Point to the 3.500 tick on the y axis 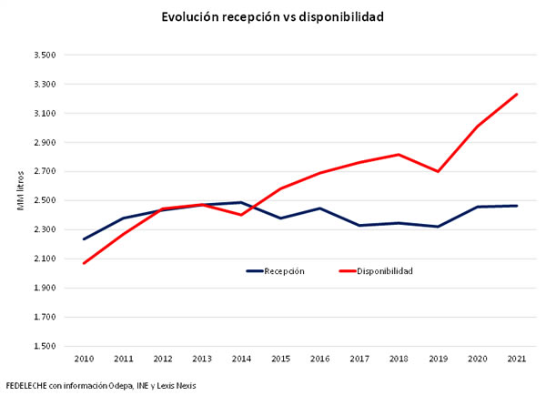(x=45, y=56)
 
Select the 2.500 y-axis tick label (x=45, y=200)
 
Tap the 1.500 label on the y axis (x=45, y=346)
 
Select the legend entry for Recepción (x=275, y=270)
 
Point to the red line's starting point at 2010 (x=85, y=263)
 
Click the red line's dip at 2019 (x=437, y=171)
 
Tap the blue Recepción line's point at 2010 (x=85, y=239)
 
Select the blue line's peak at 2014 (x=241, y=202)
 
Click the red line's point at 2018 (x=398, y=155)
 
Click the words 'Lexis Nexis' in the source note (x=175, y=385)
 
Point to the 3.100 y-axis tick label (x=45, y=114)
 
